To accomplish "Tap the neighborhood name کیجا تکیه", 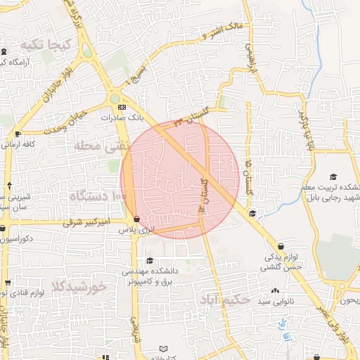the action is pyautogui.click(x=47, y=45).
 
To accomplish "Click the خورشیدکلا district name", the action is pyautogui.click(x=78, y=286).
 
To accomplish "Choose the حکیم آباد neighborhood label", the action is pyautogui.click(x=224, y=300).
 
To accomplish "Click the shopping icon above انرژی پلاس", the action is pyautogui.click(x=136, y=219).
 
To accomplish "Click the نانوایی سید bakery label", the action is pyautogui.click(x=253, y=301).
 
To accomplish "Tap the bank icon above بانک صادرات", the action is pyautogui.click(x=122, y=107).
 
